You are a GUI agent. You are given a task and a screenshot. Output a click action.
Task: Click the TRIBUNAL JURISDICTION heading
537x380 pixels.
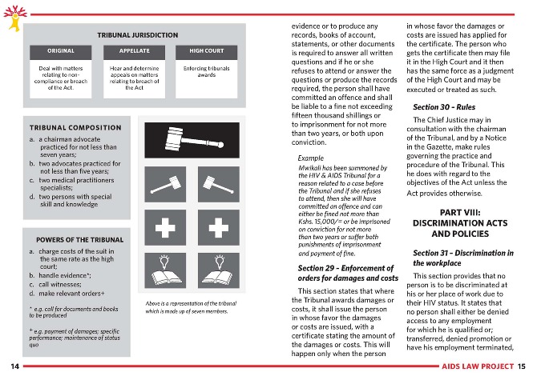(x=137, y=35)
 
